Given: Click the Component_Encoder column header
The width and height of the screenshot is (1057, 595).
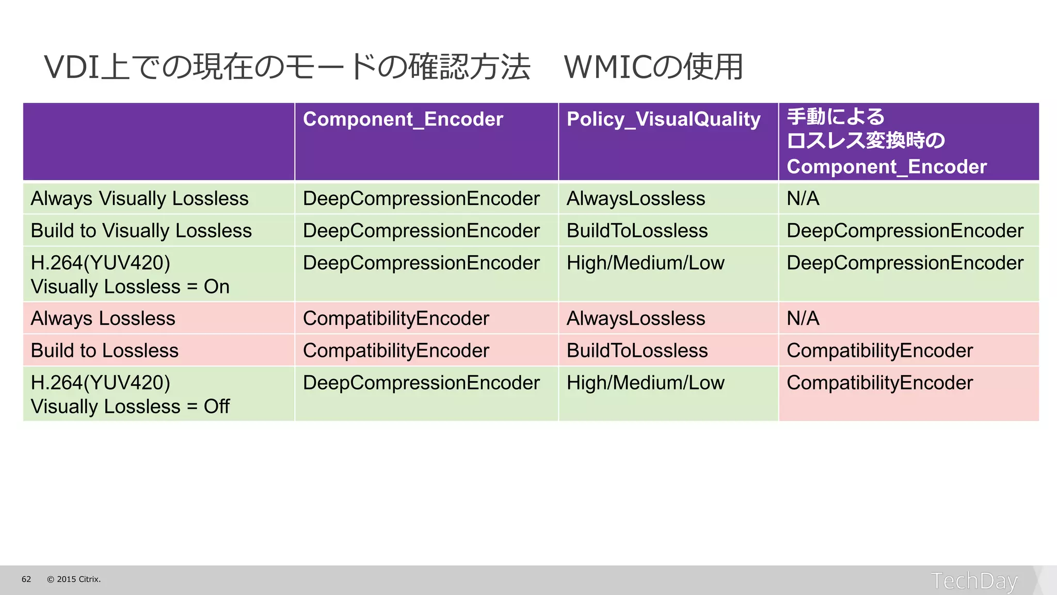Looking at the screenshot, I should [x=403, y=119].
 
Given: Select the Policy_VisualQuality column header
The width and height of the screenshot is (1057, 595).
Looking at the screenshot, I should [x=663, y=119].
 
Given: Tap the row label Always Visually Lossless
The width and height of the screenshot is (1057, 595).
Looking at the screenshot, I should [x=139, y=199].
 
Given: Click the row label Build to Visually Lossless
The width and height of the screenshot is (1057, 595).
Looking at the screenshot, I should [x=141, y=231].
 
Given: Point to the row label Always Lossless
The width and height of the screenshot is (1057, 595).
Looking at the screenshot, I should [x=103, y=319].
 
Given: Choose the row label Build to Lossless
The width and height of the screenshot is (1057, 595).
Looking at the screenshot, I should [x=104, y=351].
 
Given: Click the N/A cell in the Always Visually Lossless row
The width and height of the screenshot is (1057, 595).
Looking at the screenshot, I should [x=803, y=199].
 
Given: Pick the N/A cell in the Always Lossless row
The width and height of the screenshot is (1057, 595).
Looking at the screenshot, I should [x=803, y=319].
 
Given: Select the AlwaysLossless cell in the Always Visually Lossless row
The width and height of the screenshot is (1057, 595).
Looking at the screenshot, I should [x=635, y=199].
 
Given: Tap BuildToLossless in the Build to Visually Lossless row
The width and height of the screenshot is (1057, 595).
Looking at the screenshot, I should [x=637, y=231].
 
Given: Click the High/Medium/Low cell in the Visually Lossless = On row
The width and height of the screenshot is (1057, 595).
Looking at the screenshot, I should [x=645, y=263].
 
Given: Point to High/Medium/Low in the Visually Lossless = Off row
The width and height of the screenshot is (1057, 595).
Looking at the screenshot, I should [x=645, y=383].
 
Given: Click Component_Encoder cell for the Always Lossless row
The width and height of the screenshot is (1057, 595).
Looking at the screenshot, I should [x=395, y=319].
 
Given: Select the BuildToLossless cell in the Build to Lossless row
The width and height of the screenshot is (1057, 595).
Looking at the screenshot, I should [x=637, y=351].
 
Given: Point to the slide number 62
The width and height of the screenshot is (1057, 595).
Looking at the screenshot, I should [x=26, y=580].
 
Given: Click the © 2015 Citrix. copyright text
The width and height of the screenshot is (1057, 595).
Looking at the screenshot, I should [x=74, y=580].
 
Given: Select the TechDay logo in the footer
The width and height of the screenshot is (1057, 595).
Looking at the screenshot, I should [x=974, y=581].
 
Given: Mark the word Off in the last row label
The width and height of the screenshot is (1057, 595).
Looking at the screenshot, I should [x=216, y=406].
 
